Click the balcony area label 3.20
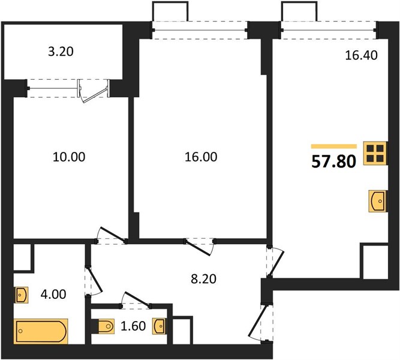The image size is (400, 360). [x=61, y=52]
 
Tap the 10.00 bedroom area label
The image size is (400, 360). [x=69, y=157]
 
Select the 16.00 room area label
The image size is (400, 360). [x=201, y=157]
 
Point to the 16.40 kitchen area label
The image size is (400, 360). [x=361, y=55]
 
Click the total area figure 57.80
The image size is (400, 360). [x=333, y=162]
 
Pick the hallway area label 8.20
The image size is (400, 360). [x=203, y=279]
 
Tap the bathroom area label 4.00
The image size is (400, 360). [x=53, y=295]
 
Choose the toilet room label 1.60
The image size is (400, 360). [x=133, y=326]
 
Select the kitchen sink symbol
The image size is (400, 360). [x=378, y=201]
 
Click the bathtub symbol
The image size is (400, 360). [x=41, y=331]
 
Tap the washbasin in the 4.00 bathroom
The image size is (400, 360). [x=22, y=295]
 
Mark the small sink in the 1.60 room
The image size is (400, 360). [x=159, y=326]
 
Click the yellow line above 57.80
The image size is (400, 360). [x=333, y=146]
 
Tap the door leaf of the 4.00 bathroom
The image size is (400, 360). [x=95, y=280]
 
